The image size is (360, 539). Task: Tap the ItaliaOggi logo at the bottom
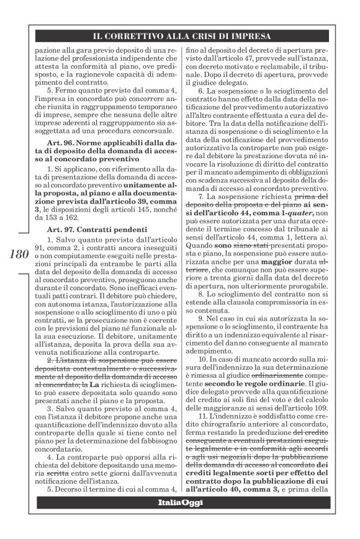coord(179,519)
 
